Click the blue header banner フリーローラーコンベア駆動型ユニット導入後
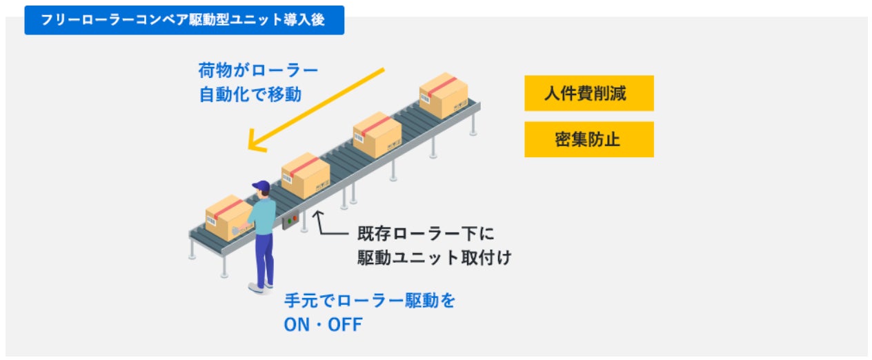point(184,20)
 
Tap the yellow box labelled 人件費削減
point(588,93)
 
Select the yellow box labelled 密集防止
point(588,139)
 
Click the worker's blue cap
point(261,186)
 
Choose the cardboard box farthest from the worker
point(444,95)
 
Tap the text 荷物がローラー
point(258,71)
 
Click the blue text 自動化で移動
point(250,94)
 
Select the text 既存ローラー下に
point(426,234)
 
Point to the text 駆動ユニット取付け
point(434,257)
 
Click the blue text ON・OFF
point(322,324)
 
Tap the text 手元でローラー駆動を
point(370,301)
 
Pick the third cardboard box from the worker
point(377,134)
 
